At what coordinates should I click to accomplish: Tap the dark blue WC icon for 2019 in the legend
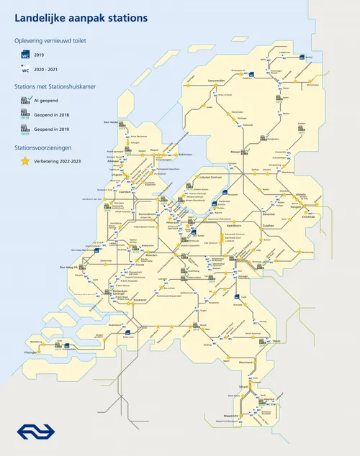(25, 53)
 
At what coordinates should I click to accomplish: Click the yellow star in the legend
(25, 161)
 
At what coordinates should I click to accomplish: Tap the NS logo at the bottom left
(30, 432)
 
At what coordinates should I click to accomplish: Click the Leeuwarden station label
(217, 81)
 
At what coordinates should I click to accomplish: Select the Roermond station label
(247, 362)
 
